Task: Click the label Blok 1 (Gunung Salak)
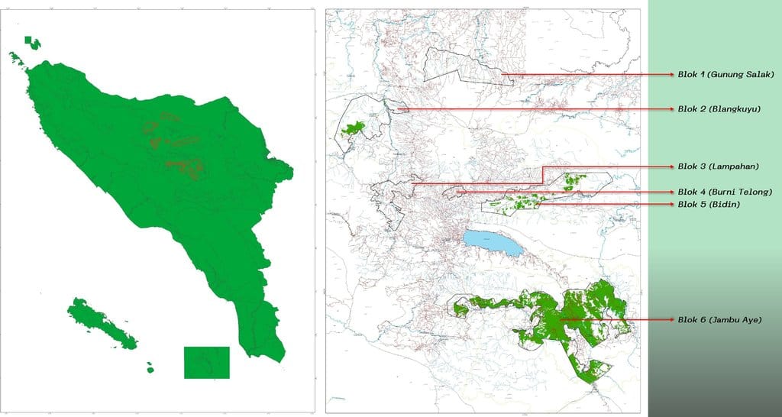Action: click(x=725, y=75)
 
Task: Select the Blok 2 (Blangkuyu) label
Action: click(x=719, y=109)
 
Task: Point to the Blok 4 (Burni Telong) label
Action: click(x=725, y=191)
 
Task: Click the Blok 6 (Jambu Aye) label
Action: click(x=719, y=319)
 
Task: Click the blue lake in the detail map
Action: click(x=492, y=244)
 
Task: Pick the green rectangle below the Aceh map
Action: click(x=206, y=362)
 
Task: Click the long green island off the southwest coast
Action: click(x=102, y=324)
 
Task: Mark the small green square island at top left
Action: click(x=28, y=40)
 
